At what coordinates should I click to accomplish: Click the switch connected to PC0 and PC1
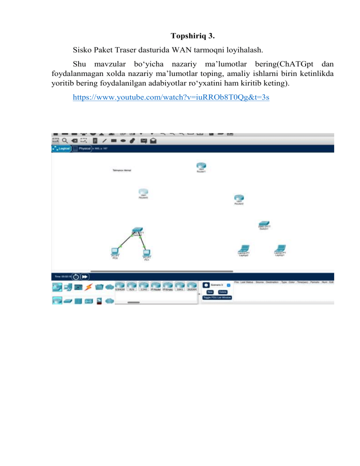click(137, 230)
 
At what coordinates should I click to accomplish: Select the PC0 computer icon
click(114, 252)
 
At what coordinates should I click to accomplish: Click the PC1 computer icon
click(146, 253)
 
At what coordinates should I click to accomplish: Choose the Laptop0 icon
click(244, 248)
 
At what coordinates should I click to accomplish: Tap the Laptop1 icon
click(280, 248)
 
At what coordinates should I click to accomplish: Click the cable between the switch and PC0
click(126, 240)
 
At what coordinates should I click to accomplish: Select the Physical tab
click(84, 149)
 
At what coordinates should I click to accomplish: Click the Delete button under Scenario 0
click(223, 292)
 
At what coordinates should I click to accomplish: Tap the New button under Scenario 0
click(210, 292)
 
